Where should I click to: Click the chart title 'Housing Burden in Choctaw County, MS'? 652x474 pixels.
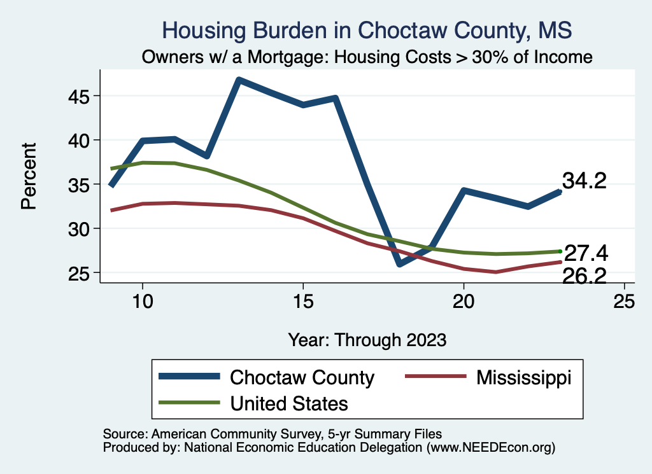pyautogui.click(x=367, y=30)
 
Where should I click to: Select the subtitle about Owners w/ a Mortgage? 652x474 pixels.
pyautogui.click(x=367, y=57)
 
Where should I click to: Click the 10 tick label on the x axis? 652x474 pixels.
pyautogui.click(x=143, y=302)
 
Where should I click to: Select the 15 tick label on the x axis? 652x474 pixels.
pyautogui.click(x=303, y=302)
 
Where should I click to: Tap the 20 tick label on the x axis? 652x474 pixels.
pyautogui.click(x=464, y=302)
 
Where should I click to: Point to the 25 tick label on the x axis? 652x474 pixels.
pyautogui.click(x=624, y=302)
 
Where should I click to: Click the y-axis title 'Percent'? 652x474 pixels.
pyautogui.click(x=28, y=185)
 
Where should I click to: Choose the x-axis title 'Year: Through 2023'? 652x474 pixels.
pyautogui.click(x=367, y=338)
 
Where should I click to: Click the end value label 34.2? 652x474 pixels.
pyautogui.click(x=584, y=181)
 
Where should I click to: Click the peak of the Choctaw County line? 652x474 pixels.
pyautogui.click(x=239, y=80)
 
